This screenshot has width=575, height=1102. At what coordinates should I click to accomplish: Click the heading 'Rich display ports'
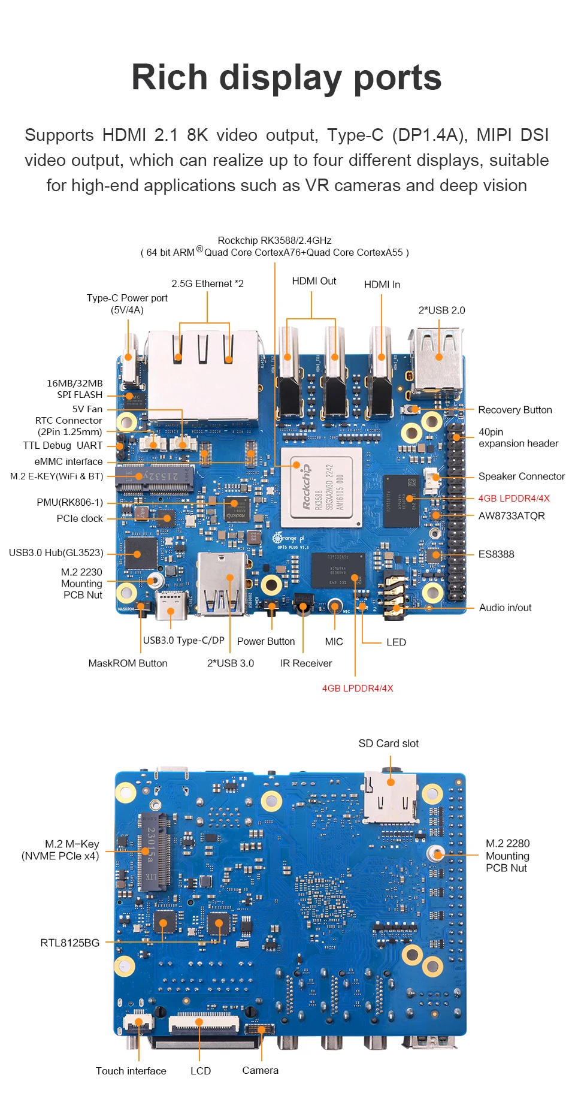[x=286, y=78]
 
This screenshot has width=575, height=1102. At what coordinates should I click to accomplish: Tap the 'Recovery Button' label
[x=515, y=410]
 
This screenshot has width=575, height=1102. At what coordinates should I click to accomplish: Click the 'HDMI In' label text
[x=382, y=285]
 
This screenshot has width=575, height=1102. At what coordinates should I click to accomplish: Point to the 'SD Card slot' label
[x=388, y=744]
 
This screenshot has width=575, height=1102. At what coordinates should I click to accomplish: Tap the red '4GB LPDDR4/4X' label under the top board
[x=358, y=689]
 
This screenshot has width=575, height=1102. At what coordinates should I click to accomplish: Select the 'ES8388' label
[x=496, y=554]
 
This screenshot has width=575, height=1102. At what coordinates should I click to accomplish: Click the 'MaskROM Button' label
[x=128, y=663]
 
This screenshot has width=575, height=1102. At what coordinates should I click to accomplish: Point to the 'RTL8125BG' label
[x=69, y=943]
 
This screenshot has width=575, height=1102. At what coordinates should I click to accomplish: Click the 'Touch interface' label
[x=131, y=1071]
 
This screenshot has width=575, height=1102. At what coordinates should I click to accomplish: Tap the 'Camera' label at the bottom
[x=260, y=1070]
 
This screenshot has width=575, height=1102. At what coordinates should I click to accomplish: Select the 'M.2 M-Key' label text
[x=72, y=844]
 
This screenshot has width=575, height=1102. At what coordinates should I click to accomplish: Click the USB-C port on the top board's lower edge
[x=171, y=606]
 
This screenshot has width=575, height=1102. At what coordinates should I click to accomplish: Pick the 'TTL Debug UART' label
[x=62, y=445]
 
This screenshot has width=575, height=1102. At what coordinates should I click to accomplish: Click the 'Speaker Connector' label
[x=521, y=476]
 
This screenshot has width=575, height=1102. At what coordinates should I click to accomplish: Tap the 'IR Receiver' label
[x=305, y=663]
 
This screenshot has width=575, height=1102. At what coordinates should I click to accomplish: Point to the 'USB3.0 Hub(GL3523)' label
[x=56, y=552]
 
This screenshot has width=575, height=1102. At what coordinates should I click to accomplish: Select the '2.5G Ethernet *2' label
[x=207, y=283]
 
